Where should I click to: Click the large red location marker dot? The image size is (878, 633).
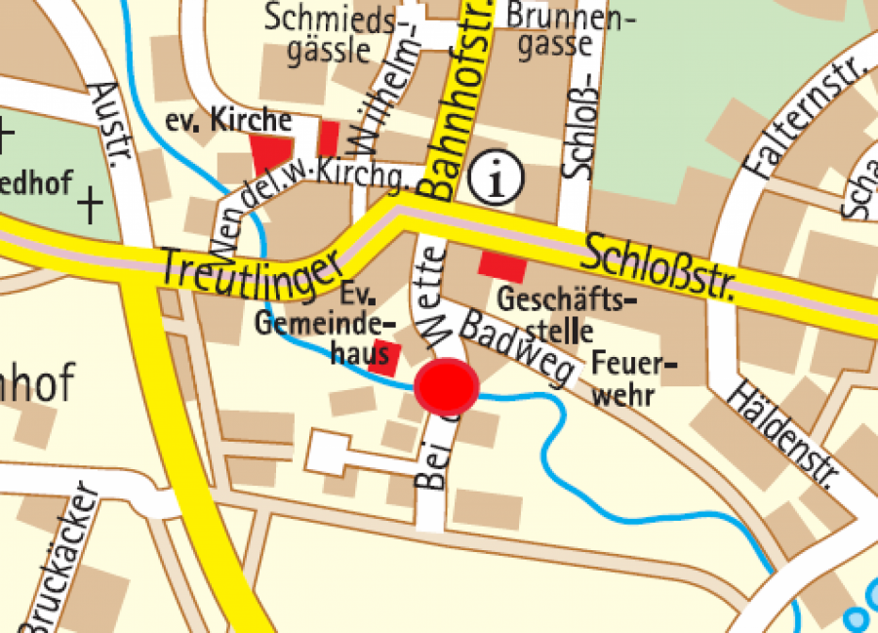coord(446,386)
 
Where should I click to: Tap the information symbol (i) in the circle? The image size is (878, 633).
coord(497,178)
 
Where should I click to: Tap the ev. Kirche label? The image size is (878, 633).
coord(228,121)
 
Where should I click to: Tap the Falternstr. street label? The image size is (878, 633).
coord(799,117)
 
